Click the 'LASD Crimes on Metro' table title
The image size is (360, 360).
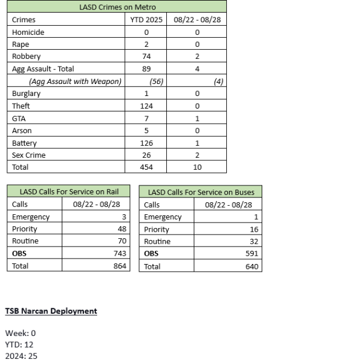pyautogui.click(x=118, y=7)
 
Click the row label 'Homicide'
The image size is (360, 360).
pyautogui.click(x=28, y=32)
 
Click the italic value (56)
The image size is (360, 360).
pyautogui.click(x=156, y=82)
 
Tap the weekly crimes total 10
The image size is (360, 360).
pyautogui.click(x=197, y=167)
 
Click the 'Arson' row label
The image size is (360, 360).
pyautogui.click(x=22, y=131)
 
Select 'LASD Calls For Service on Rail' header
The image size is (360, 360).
pyautogui.click(x=69, y=192)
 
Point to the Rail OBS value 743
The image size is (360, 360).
pyautogui.click(x=119, y=253)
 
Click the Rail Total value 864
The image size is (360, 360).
pyautogui.click(x=119, y=266)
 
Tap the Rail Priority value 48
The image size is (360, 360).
pyautogui.click(x=121, y=229)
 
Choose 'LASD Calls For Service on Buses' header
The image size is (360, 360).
pyautogui.click(x=201, y=192)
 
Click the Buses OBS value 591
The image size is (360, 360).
pyautogui.click(x=251, y=253)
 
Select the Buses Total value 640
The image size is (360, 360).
pyautogui.click(x=251, y=266)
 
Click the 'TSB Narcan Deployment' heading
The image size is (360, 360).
pyautogui.click(x=51, y=311)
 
